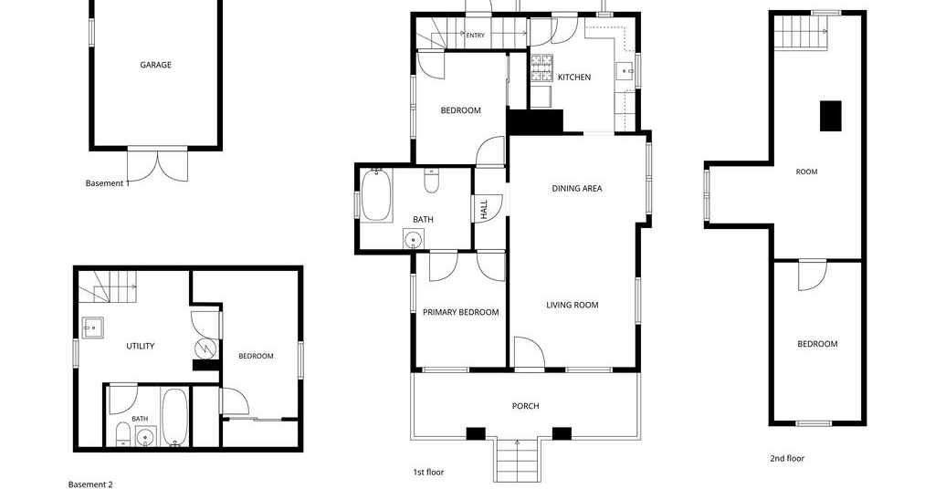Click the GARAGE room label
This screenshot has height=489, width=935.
tap(155, 65)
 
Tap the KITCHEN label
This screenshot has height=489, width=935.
tap(574, 78)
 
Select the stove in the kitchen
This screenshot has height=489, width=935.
tap(542, 68)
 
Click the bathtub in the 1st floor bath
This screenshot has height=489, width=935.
tap(376, 194)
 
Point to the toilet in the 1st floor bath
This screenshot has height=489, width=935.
tap(431, 181)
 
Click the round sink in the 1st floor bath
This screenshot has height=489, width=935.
tap(413, 239)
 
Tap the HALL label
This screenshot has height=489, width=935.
tap(484, 209)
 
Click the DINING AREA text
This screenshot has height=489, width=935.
tap(577, 188)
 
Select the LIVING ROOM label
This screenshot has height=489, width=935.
tap(573, 305)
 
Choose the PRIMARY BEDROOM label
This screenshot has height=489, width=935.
tap(461, 312)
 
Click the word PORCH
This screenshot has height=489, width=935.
tap(525, 406)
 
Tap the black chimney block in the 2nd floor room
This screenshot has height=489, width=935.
tap(831, 116)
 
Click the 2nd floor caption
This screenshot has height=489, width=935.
tap(787, 458)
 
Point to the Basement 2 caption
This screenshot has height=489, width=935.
tap(90, 484)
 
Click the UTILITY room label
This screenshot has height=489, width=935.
tap(140, 346)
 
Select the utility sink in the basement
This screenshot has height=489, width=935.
tap(92, 328)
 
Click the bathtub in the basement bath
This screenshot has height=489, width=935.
tap(174, 417)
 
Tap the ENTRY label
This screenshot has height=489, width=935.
tap(475, 36)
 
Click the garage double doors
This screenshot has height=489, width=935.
tap(157, 165)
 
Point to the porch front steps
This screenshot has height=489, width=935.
tap(517, 460)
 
